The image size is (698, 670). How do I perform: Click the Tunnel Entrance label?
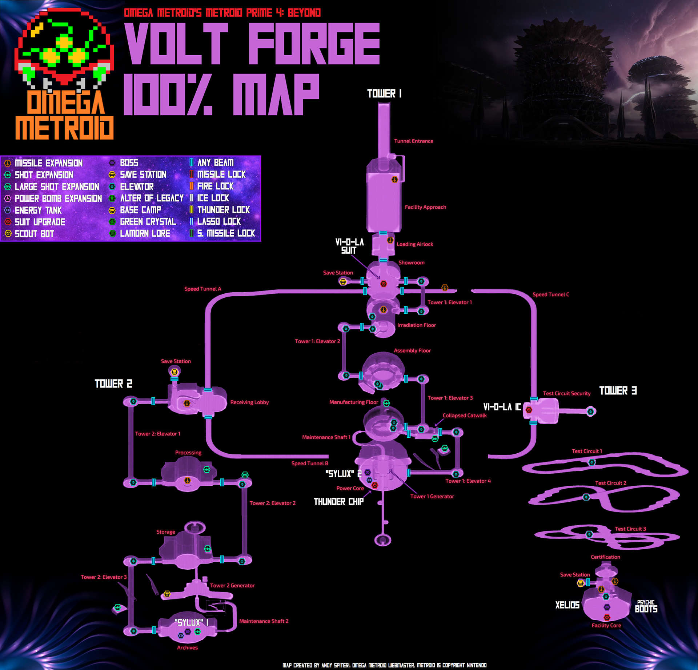point(413,141)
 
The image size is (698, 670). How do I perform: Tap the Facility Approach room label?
point(425,207)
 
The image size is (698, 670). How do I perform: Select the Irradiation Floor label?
point(416,325)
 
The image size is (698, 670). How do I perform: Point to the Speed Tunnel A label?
point(202,289)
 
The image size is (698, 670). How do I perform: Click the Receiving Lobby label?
point(249,402)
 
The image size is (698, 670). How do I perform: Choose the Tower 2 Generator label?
point(232,586)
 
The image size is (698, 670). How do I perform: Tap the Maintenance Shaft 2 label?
point(264,621)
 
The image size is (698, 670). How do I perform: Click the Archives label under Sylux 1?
point(187,648)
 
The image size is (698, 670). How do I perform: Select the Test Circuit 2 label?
point(610,483)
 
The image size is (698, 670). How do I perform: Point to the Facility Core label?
point(606,626)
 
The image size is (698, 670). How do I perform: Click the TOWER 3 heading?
point(618,391)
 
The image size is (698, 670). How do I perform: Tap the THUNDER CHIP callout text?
point(338,502)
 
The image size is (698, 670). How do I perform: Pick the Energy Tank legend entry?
point(38,210)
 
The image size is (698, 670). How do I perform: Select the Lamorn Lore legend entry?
point(145,234)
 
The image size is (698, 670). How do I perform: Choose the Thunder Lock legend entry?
point(223,210)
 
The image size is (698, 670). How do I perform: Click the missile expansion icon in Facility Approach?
point(394,180)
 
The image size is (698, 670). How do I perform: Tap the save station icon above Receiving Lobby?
point(174,372)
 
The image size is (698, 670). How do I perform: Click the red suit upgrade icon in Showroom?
point(383,284)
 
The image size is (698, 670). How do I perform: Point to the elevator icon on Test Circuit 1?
point(592,462)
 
